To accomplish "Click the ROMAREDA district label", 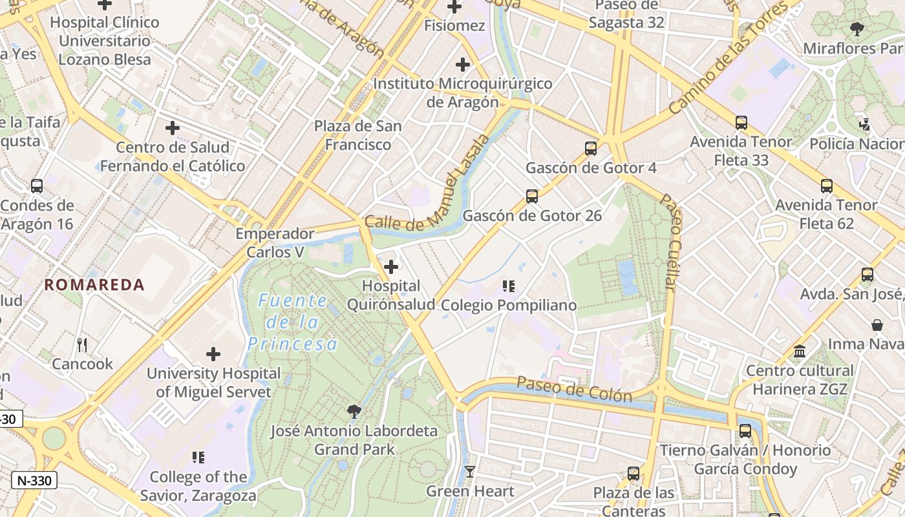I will [94, 285].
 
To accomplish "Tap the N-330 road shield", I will [34, 480].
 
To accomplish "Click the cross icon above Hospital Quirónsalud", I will [391, 266].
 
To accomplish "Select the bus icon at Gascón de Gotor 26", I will [532, 196].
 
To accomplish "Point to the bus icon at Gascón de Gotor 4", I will [591, 149].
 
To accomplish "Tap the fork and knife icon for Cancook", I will [82, 345].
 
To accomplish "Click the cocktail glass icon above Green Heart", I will [470, 472].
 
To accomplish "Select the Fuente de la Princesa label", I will [293, 322].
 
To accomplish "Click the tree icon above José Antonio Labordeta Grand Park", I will [354, 412].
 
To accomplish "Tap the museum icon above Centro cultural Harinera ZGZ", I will [800, 352].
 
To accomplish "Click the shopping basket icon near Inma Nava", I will [877, 324].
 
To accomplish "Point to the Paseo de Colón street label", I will [574, 390].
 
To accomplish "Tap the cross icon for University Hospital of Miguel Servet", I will [213, 354].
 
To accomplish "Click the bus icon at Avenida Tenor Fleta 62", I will [827, 186].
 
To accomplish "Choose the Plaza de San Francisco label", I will [357, 135].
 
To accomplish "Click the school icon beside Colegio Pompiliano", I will [509, 286].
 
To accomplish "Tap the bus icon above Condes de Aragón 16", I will [37, 186].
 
